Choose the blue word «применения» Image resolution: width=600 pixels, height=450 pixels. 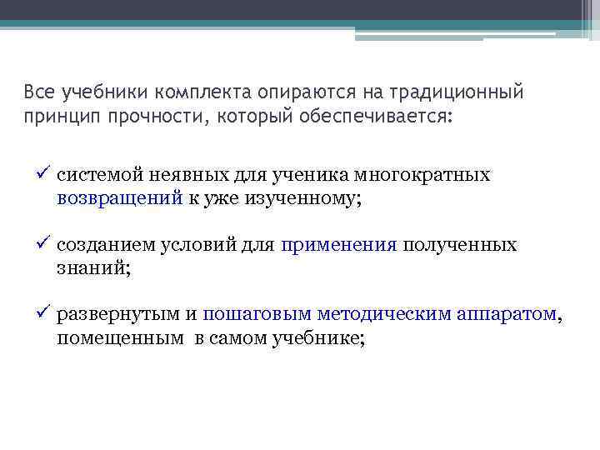coord(339,246)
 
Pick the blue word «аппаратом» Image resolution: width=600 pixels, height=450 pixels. coord(507,315)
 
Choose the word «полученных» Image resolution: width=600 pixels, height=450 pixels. coord(460,246)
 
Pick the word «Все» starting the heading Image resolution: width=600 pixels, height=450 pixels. coord(38,91)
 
